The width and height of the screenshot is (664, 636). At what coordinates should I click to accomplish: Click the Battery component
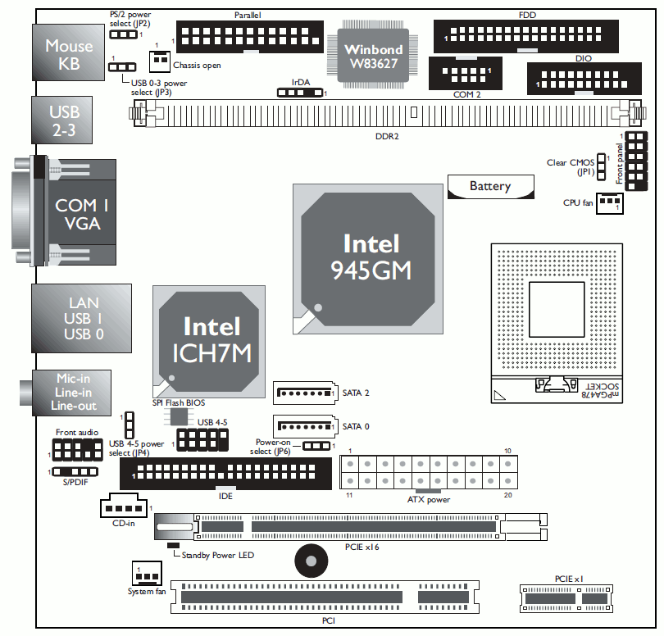point(489,186)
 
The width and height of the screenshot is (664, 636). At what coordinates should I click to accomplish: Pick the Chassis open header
point(159,61)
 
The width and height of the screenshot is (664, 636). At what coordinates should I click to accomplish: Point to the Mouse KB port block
point(69,55)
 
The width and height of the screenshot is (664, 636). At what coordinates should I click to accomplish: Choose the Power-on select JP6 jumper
point(316,446)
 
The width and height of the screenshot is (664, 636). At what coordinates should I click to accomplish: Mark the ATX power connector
point(429,474)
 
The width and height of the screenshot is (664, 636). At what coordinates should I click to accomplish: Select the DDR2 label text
point(386,136)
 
